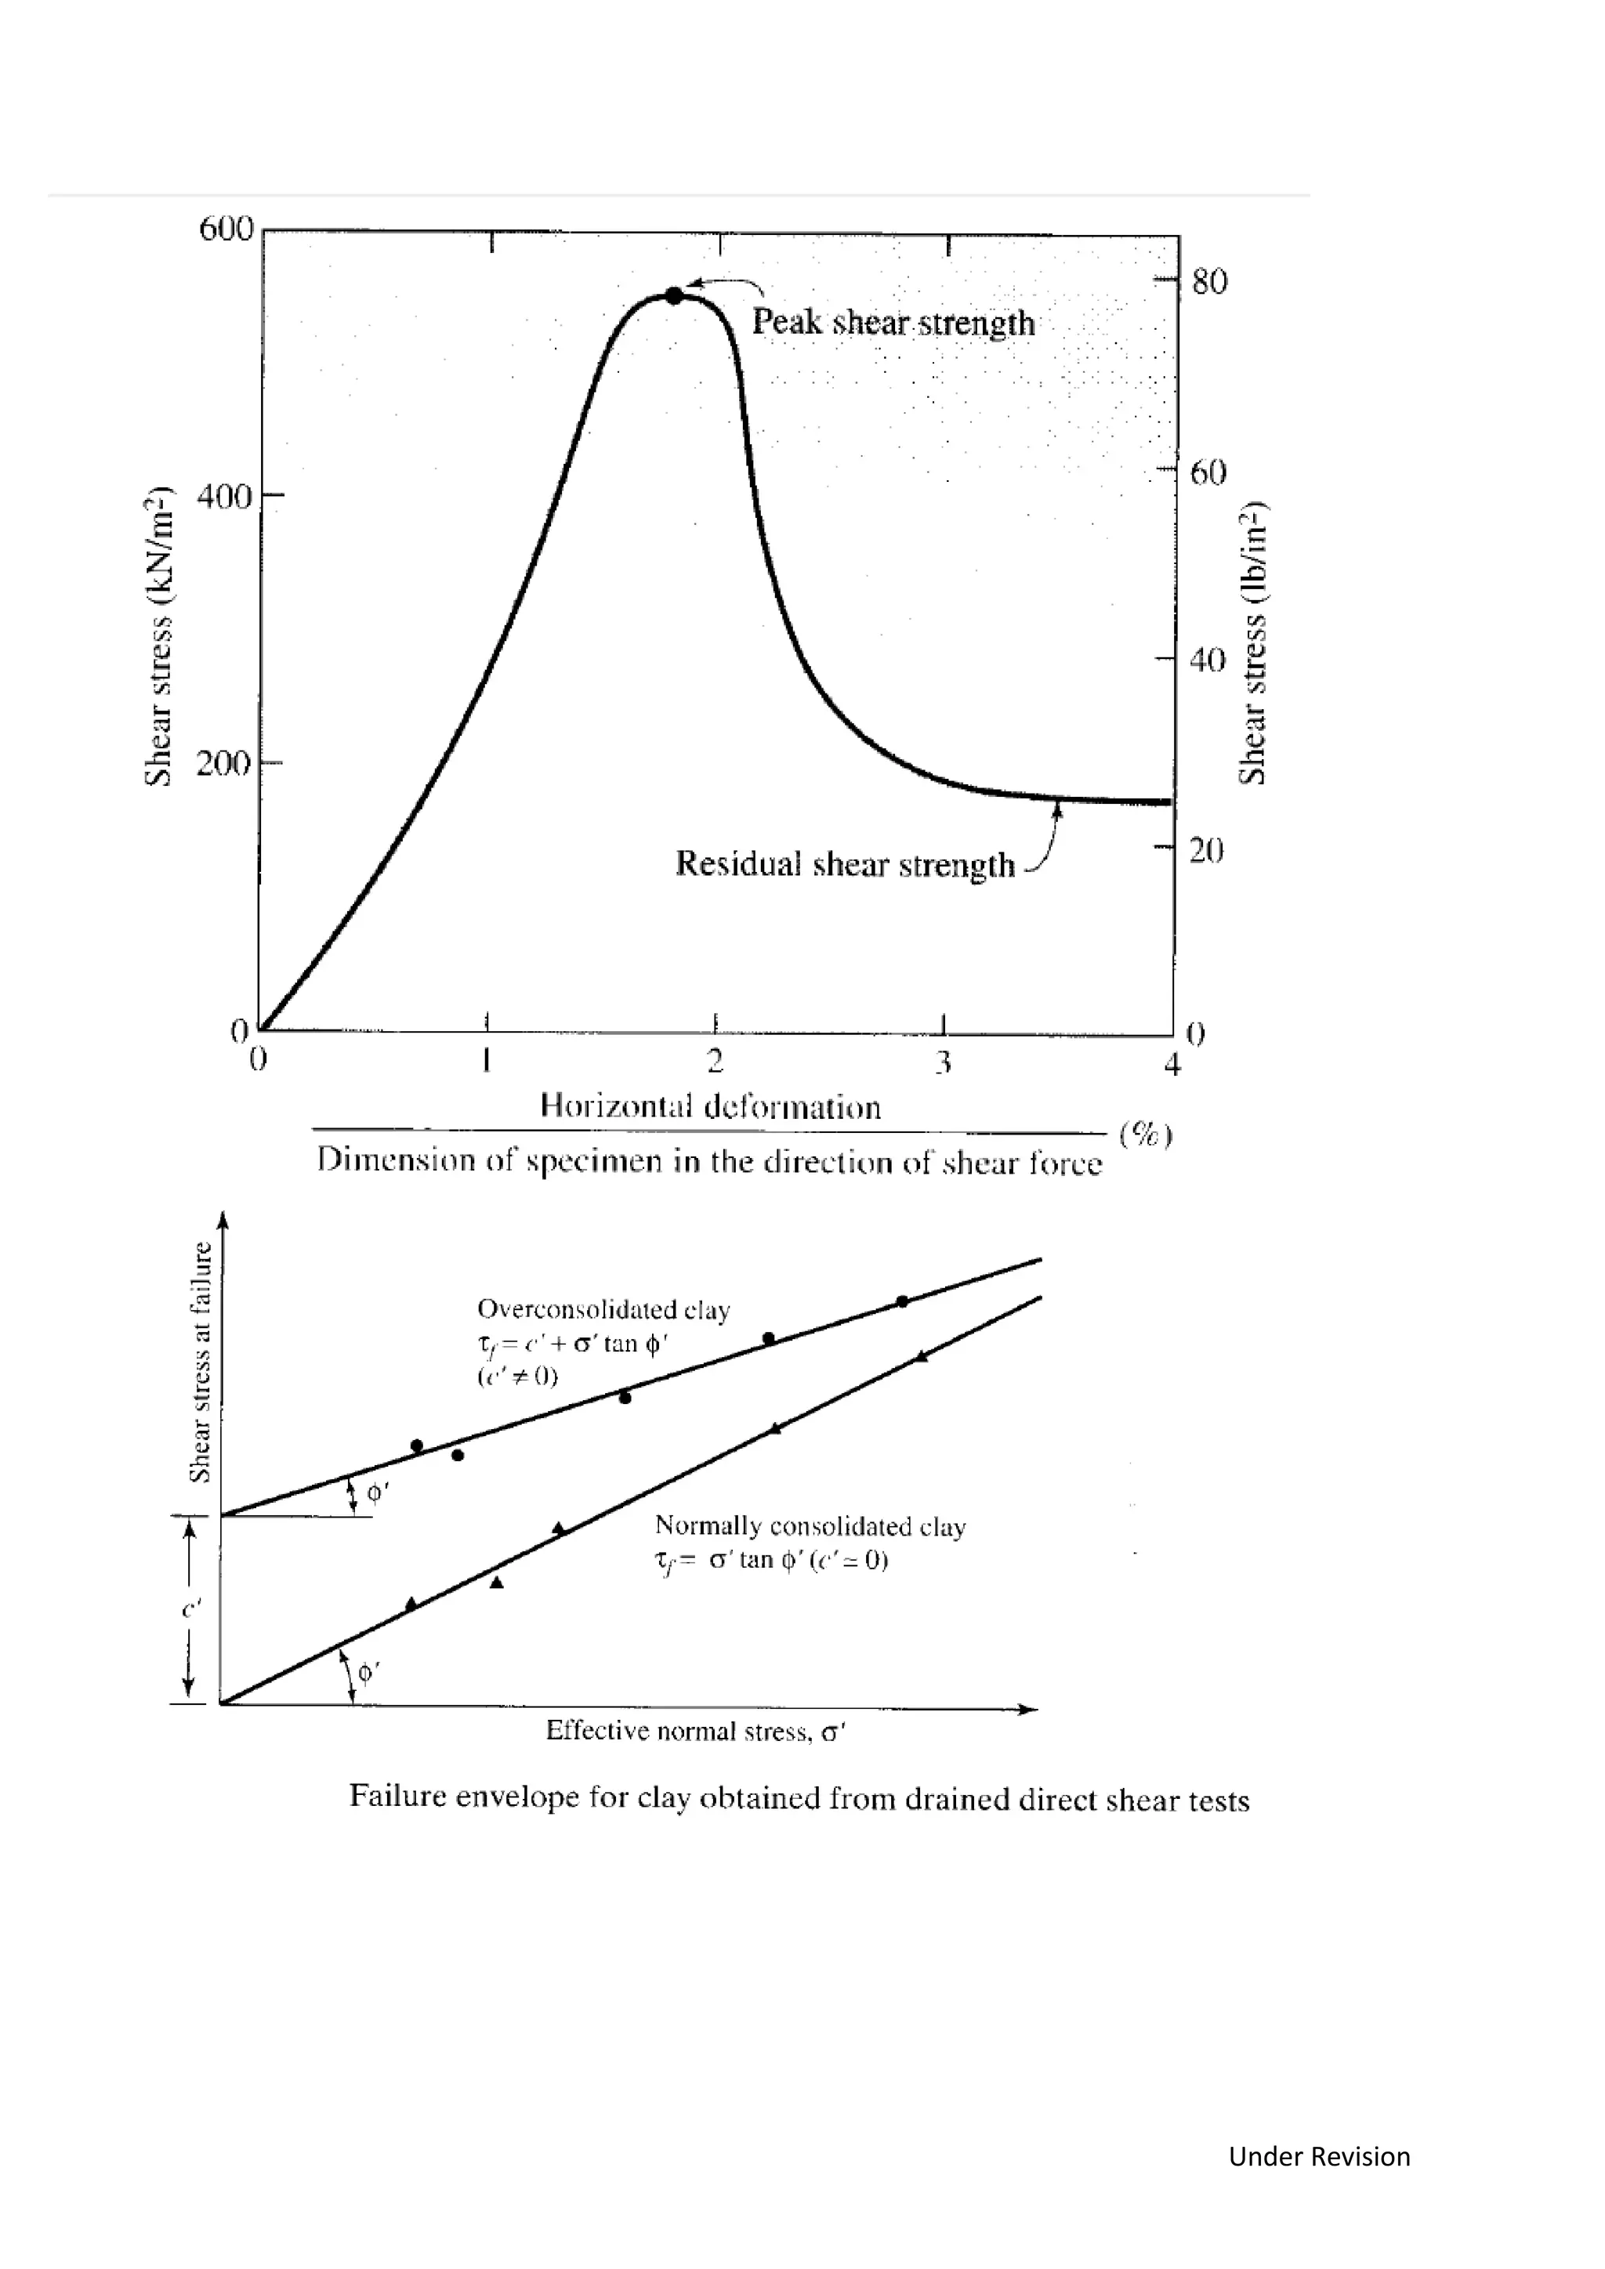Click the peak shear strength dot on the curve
click(x=674, y=295)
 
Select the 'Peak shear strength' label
click(x=893, y=323)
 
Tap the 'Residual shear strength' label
click(x=845, y=865)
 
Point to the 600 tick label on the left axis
click(x=226, y=230)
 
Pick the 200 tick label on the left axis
click(x=223, y=764)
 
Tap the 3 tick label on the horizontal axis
click(x=944, y=1063)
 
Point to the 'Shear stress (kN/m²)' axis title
click(x=158, y=638)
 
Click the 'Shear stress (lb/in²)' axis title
click(x=1253, y=644)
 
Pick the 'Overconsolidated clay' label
click(x=603, y=1311)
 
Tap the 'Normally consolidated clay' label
click(x=810, y=1527)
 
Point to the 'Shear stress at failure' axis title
click(x=201, y=1362)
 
